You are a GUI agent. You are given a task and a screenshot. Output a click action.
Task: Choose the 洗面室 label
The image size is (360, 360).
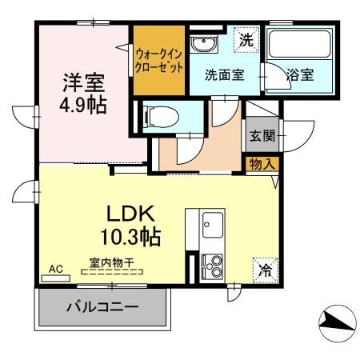tap(224, 76)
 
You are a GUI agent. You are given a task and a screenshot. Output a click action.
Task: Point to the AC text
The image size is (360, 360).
tap(57, 269)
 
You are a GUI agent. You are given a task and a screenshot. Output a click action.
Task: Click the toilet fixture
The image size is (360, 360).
tap(154, 118)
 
